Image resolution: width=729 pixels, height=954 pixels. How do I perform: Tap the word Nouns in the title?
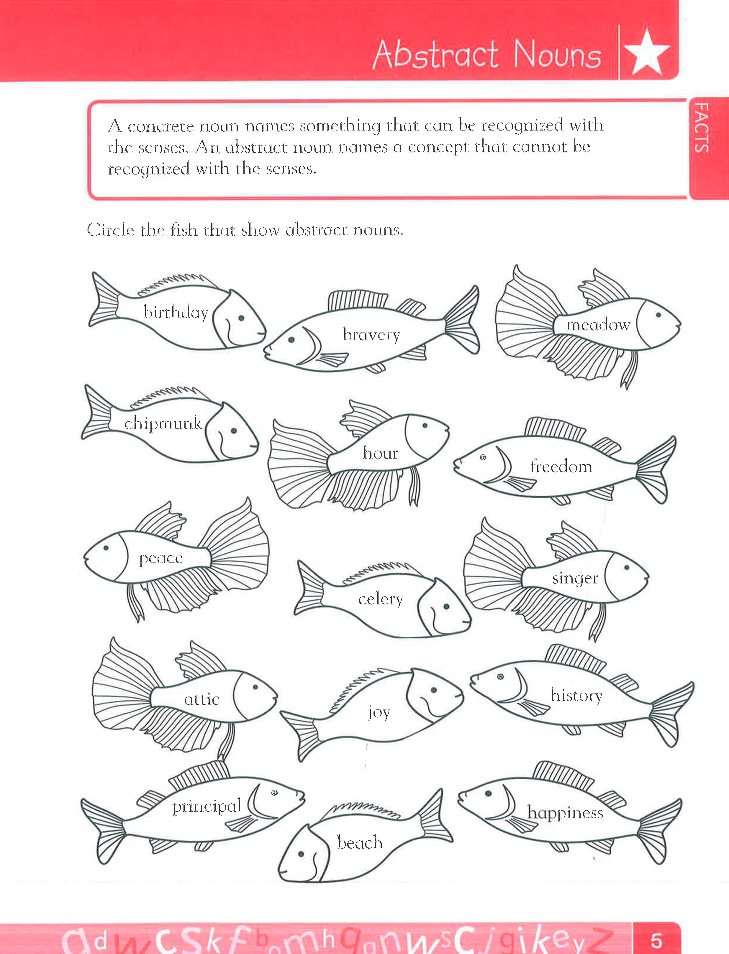pos(557,56)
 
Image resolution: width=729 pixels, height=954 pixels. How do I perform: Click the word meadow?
pos(598,325)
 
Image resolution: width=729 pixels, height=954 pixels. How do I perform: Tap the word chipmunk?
pos(163,423)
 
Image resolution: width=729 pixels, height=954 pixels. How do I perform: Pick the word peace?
pos(160,558)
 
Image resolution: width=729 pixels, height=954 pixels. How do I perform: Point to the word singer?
pos(575,579)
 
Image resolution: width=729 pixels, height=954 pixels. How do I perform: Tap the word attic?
pos(202,699)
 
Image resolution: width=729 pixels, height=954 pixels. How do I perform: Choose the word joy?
pos(379,713)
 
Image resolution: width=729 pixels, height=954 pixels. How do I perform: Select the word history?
pos(576,695)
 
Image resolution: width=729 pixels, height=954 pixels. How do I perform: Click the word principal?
pos(207,806)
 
